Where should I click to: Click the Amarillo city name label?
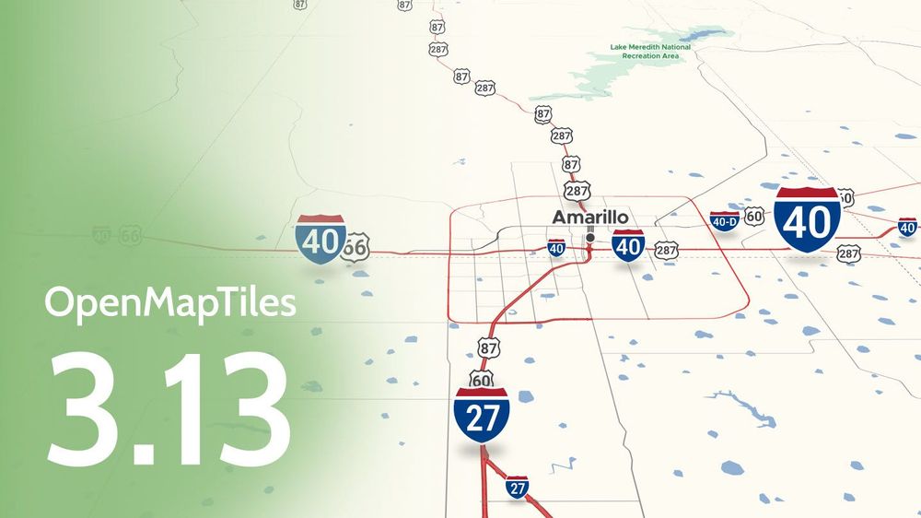pyautogui.click(x=589, y=218)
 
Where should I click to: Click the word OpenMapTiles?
pyautogui.click(x=170, y=303)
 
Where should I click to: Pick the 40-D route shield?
pyautogui.click(x=725, y=221)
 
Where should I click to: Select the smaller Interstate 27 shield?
pyautogui.click(x=518, y=488)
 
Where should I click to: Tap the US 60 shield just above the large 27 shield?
pyautogui.click(x=481, y=378)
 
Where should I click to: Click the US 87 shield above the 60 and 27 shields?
pyautogui.click(x=489, y=347)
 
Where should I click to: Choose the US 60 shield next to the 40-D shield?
pyautogui.click(x=754, y=217)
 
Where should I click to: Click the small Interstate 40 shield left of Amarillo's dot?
pyautogui.click(x=556, y=248)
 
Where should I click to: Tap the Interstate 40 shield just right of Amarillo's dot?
pyautogui.click(x=628, y=246)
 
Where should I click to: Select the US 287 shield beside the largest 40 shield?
pyautogui.click(x=848, y=253)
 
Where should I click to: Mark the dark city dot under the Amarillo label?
pyautogui.click(x=590, y=237)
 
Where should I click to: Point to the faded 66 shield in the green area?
pyautogui.click(x=130, y=236)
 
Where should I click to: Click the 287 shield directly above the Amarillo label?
pyautogui.click(x=577, y=192)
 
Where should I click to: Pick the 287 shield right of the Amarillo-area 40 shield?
pyautogui.click(x=667, y=250)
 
